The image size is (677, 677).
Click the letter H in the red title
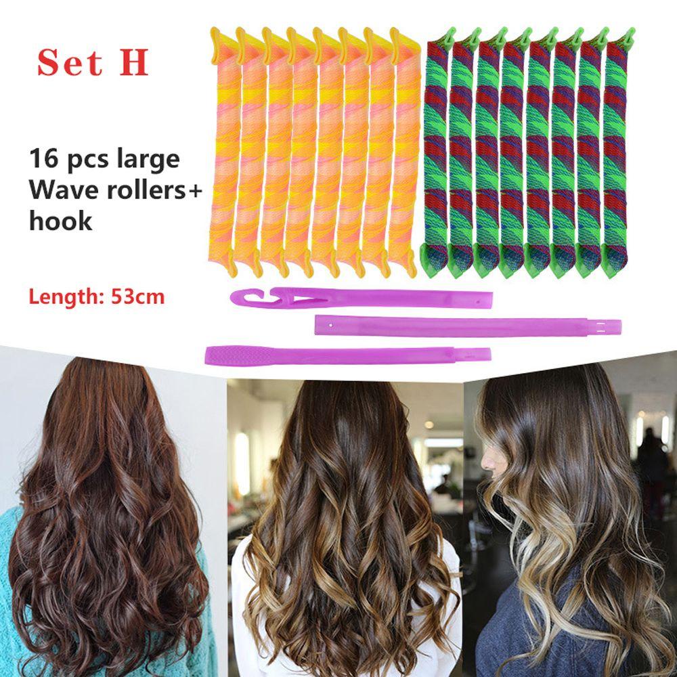[134, 62]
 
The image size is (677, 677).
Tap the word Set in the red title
[70, 63]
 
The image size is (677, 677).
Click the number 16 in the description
[43, 158]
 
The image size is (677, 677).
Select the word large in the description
[148, 160]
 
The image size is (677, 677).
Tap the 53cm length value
[137, 297]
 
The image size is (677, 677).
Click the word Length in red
[67, 297]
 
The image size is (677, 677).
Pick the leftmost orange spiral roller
[223, 151]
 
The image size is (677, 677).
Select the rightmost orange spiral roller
[404, 151]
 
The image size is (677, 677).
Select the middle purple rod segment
[468, 325]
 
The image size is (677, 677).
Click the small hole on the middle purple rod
[331, 324]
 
